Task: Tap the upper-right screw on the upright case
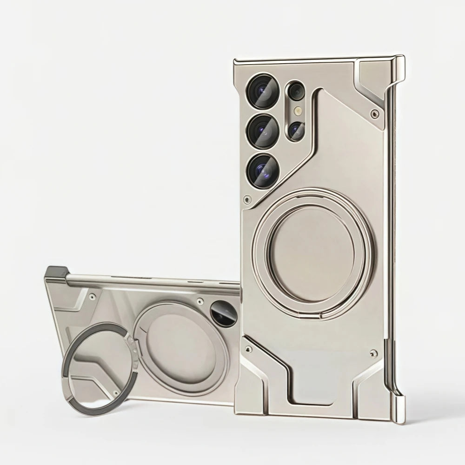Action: (x=374, y=112)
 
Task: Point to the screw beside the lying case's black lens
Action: (x=199, y=301)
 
